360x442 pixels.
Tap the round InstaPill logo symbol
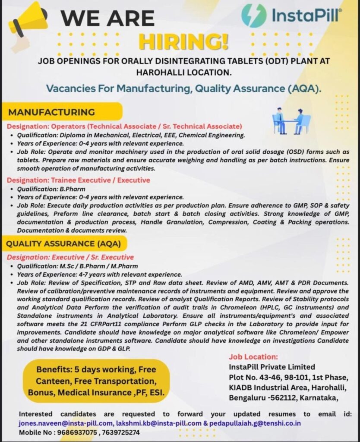(x=254, y=16)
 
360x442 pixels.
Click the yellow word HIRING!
(x=183, y=42)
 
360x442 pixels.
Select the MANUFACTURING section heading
(x=52, y=112)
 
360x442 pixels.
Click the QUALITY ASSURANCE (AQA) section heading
(x=63, y=244)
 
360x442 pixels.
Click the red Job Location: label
(x=253, y=357)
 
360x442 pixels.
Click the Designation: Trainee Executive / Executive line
(x=78, y=180)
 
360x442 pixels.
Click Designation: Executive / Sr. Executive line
(x=70, y=257)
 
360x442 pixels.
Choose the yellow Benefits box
(x=96, y=381)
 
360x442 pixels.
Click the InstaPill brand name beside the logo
(x=306, y=16)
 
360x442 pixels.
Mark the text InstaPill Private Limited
(x=272, y=367)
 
